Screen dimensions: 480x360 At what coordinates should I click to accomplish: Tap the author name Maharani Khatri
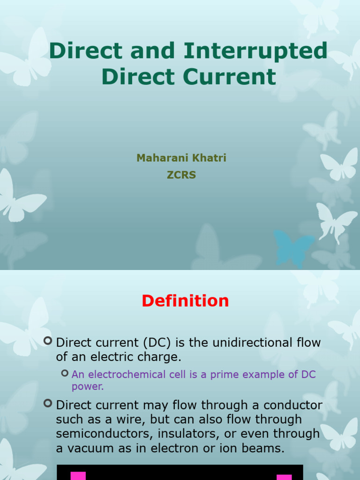point(181,158)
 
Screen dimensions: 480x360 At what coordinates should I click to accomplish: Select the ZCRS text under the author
point(181,175)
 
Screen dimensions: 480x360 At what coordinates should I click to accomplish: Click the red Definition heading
point(185,301)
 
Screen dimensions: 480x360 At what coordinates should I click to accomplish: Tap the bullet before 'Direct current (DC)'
point(48,341)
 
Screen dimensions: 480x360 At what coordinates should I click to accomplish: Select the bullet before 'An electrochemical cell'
point(65,373)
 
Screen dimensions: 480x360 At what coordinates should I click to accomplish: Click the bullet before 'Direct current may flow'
point(48,403)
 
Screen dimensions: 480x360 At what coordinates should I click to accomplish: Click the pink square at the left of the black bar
point(78,475)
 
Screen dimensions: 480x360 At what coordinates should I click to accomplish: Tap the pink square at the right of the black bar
point(284,477)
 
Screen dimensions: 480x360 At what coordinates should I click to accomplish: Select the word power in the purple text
point(87,387)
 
